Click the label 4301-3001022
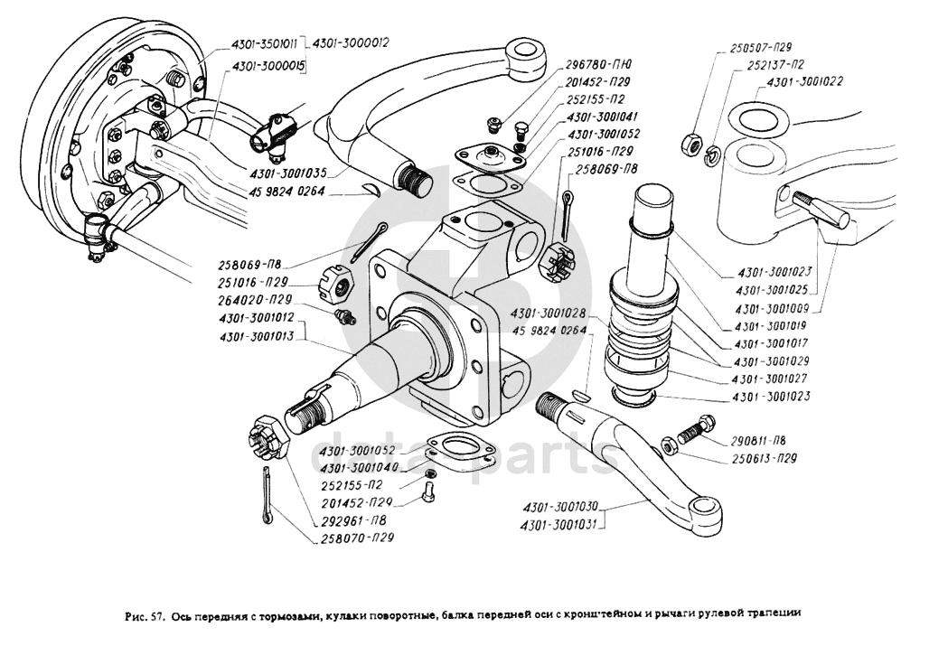[x=805, y=82]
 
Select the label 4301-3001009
[x=771, y=308]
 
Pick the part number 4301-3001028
[x=548, y=313]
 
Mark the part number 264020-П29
[x=254, y=299]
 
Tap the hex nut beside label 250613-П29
[x=670, y=444]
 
